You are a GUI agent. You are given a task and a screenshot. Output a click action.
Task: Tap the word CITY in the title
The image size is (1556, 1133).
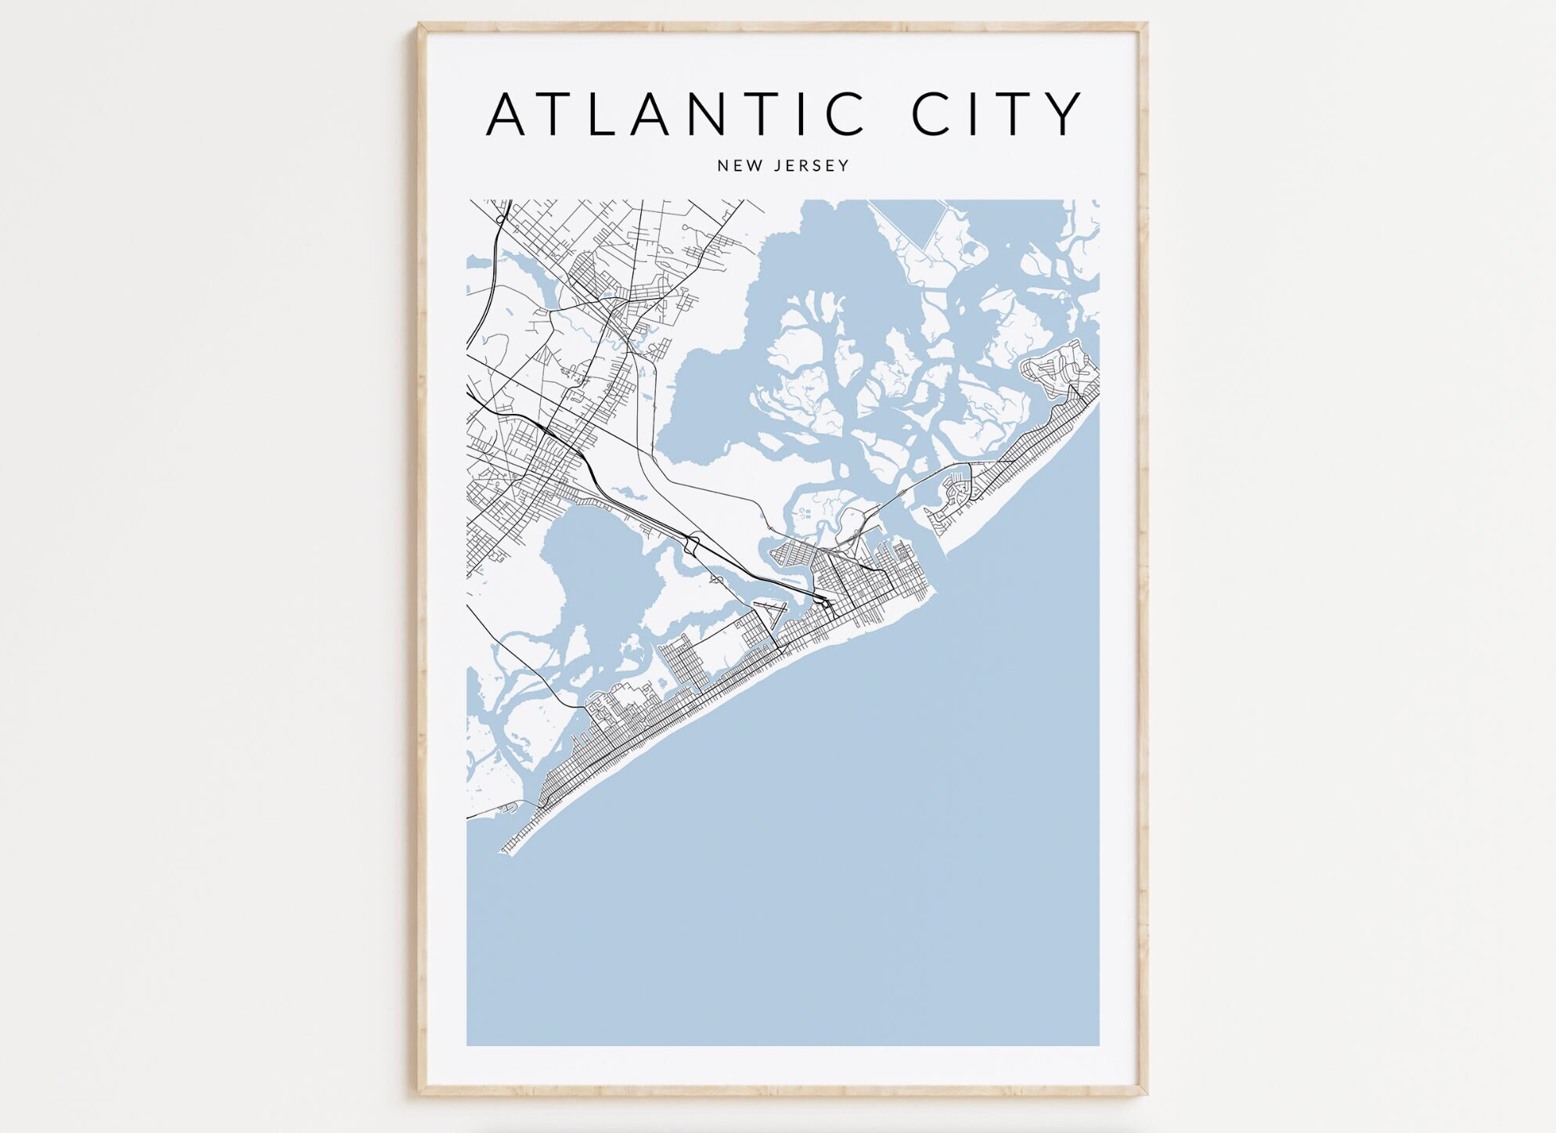pyautogui.click(x=996, y=114)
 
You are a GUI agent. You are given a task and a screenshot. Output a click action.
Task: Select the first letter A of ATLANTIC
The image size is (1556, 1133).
pyautogui.click(x=506, y=114)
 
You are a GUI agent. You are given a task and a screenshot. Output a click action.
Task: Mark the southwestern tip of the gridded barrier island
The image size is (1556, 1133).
pyautogui.click(x=505, y=850)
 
